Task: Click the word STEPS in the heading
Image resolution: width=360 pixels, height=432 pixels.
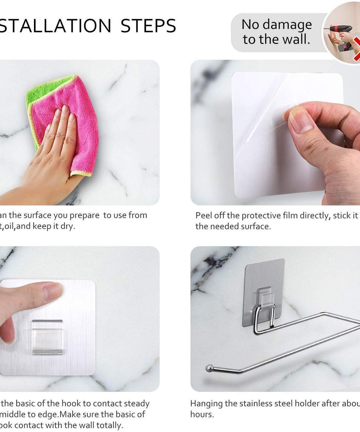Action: tap(148, 26)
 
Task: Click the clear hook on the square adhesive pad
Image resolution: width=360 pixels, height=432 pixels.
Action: tap(47, 337)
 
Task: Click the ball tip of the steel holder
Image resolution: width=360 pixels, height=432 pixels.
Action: tap(210, 368)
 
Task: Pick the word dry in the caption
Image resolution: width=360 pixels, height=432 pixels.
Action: tap(67, 226)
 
